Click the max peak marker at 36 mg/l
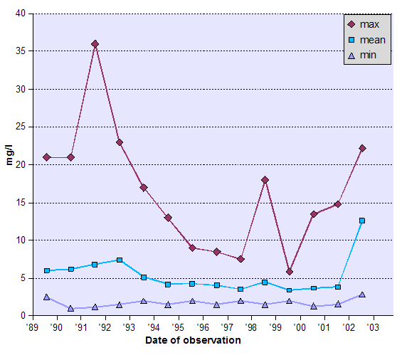coord(95,44)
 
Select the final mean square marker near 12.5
coord(362,221)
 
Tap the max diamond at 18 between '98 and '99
coord(265,180)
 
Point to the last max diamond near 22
coord(362,148)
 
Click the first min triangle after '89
coord(46,297)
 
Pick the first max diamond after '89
coord(46,157)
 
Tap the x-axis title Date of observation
coord(194,341)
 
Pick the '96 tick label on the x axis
coord(203,327)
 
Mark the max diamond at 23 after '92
coord(120,142)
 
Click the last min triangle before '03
coord(362,295)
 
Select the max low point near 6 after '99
coord(289,272)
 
